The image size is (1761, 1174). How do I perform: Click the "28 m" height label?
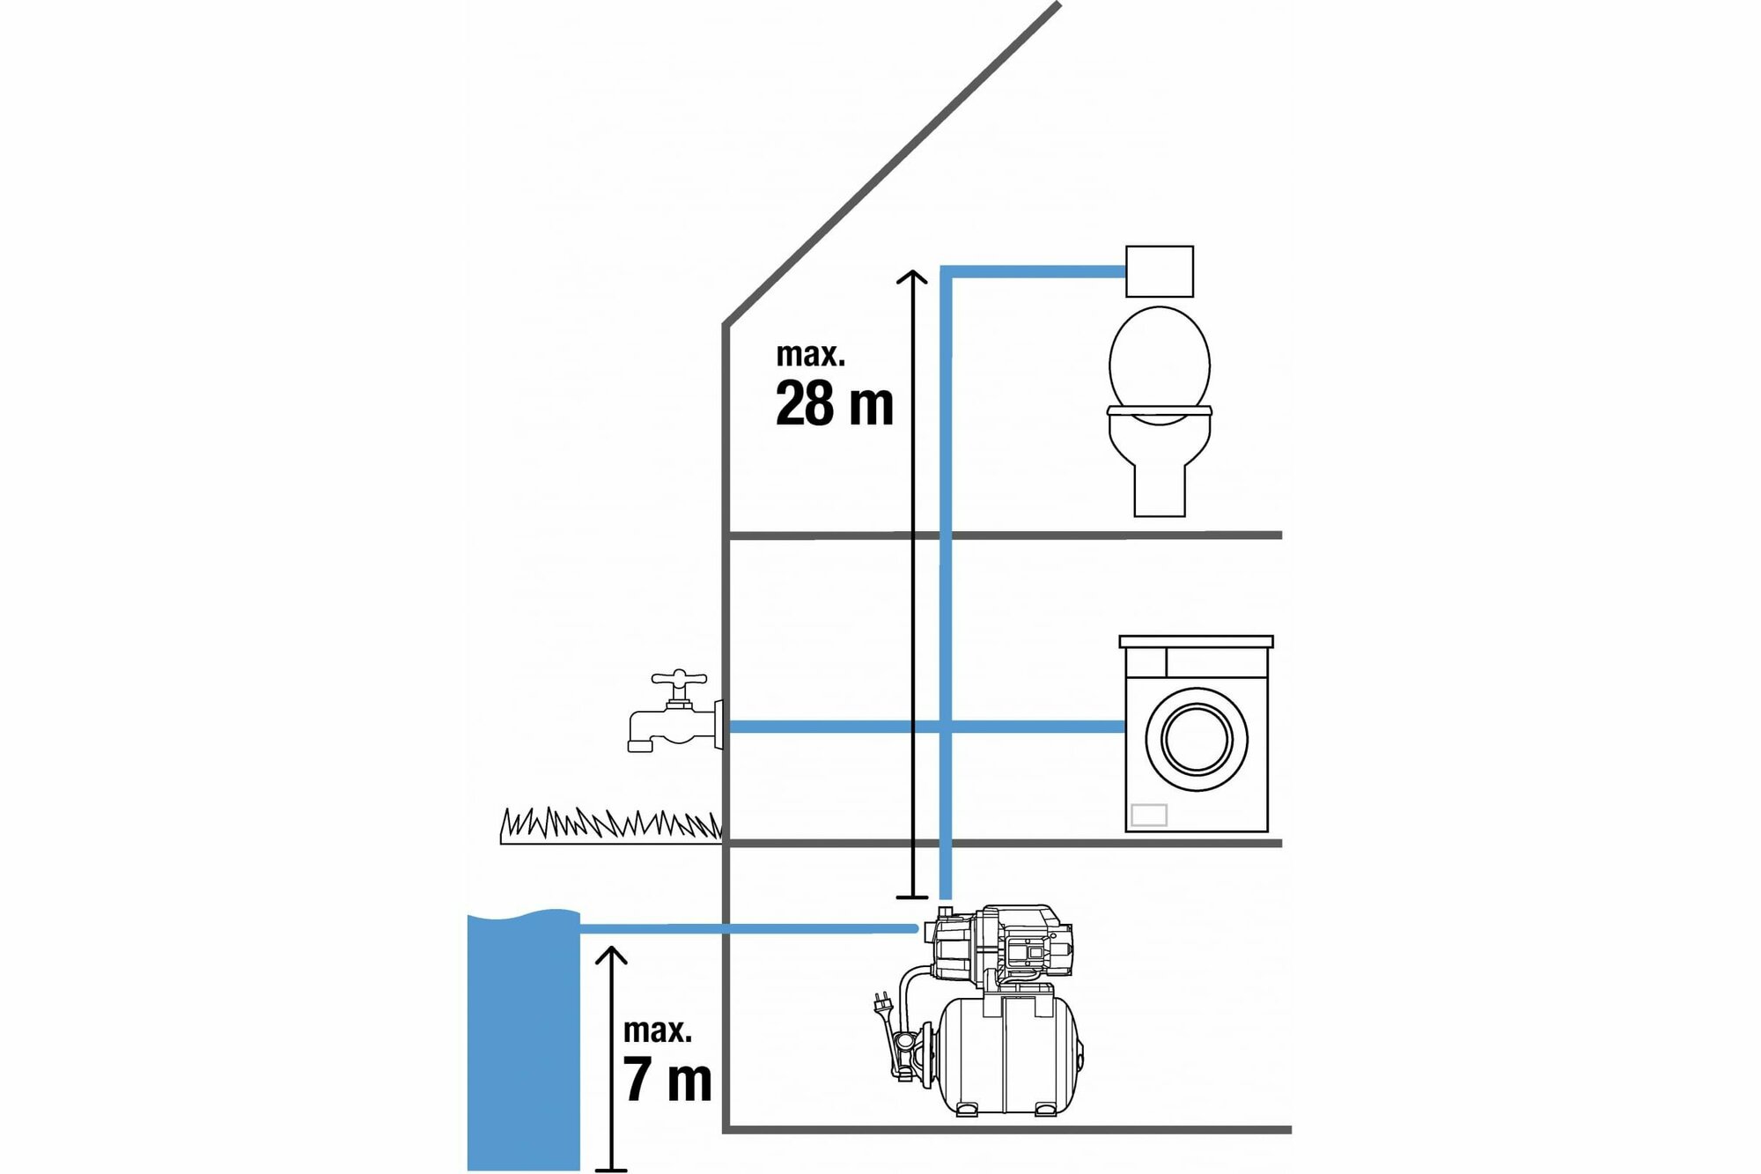[x=834, y=404]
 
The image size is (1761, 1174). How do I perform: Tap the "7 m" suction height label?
[x=667, y=1080]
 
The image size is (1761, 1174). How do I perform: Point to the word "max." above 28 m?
[x=810, y=355]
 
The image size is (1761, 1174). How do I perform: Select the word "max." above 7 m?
[x=657, y=1030]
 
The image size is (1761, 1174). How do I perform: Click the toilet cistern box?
[x=1160, y=271]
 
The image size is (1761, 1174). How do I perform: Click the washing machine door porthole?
[x=1196, y=738]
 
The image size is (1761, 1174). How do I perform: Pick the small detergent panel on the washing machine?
[x=1148, y=815]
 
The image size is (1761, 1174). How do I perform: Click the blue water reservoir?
[x=523, y=1039]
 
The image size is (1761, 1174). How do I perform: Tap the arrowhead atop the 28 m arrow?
[x=911, y=277]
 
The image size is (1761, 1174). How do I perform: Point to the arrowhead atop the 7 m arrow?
[x=611, y=955]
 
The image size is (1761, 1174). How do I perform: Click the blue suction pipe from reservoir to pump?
[x=748, y=928]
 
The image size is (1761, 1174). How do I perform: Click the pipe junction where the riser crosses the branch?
[x=946, y=727]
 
